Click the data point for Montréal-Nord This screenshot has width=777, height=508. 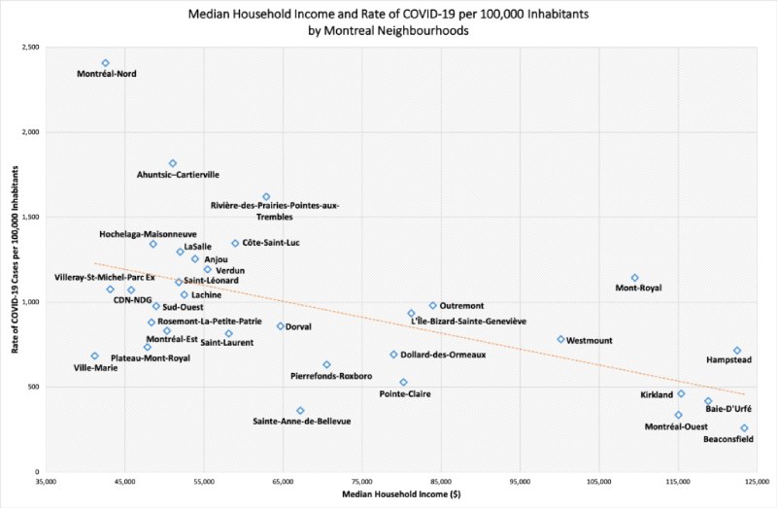click(x=105, y=63)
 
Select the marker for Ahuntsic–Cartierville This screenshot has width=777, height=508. click(x=172, y=163)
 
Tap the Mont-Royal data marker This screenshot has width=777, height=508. click(x=635, y=278)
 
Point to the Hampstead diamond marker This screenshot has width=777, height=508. click(x=737, y=351)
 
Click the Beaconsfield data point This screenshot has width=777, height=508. click(x=745, y=428)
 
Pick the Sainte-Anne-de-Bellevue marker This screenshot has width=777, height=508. click(x=300, y=411)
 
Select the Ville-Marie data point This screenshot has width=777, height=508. click(x=94, y=356)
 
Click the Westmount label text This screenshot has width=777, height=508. click(x=590, y=341)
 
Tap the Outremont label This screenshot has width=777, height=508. click(x=463, y=306)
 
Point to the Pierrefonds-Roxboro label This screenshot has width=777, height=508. click(x=330, y=375)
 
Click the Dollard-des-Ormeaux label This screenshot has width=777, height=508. click(x=444, y=356)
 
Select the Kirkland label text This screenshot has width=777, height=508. click(x=657, y=395)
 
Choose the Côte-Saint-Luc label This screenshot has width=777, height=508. click(x=271, y=243)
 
